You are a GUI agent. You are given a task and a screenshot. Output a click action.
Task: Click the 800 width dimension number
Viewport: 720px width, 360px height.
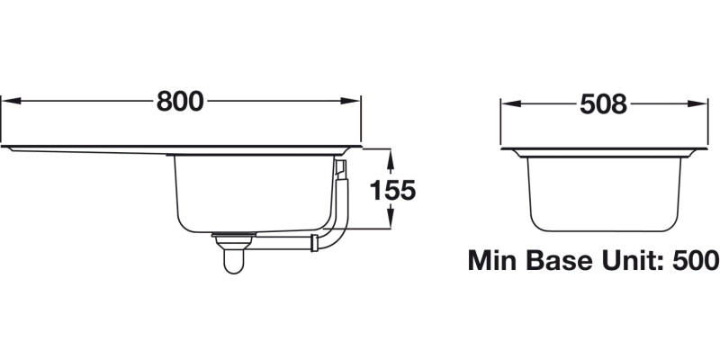[180, 102]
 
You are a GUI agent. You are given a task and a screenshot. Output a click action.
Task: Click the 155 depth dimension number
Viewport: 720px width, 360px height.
[391, 190]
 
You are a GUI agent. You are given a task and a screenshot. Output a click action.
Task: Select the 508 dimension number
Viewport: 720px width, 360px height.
[601, 104]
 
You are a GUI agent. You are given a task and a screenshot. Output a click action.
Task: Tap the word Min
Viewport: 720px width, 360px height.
[497, 262]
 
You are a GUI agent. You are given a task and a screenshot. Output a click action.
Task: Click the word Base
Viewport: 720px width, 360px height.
[567, 262]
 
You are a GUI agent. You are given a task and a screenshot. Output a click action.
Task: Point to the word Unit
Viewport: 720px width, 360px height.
[638, 262]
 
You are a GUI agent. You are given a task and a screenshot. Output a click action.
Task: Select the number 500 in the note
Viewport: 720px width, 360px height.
[696, 262]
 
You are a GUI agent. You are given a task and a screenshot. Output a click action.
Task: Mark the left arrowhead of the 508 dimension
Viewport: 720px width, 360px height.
[506, 104]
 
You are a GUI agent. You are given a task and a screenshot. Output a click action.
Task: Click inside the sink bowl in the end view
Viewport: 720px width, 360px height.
[601, 189]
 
